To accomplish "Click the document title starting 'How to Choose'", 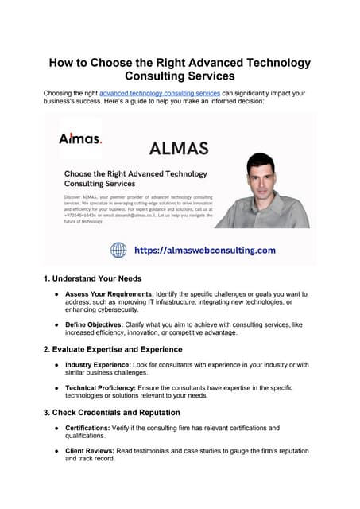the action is coord(180,69).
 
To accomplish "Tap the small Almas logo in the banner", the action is coord(79,138).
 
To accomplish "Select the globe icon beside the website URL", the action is coord(118,250).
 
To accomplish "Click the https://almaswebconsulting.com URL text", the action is coord(204,250).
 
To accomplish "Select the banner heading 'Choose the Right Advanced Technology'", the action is coord(135,173).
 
